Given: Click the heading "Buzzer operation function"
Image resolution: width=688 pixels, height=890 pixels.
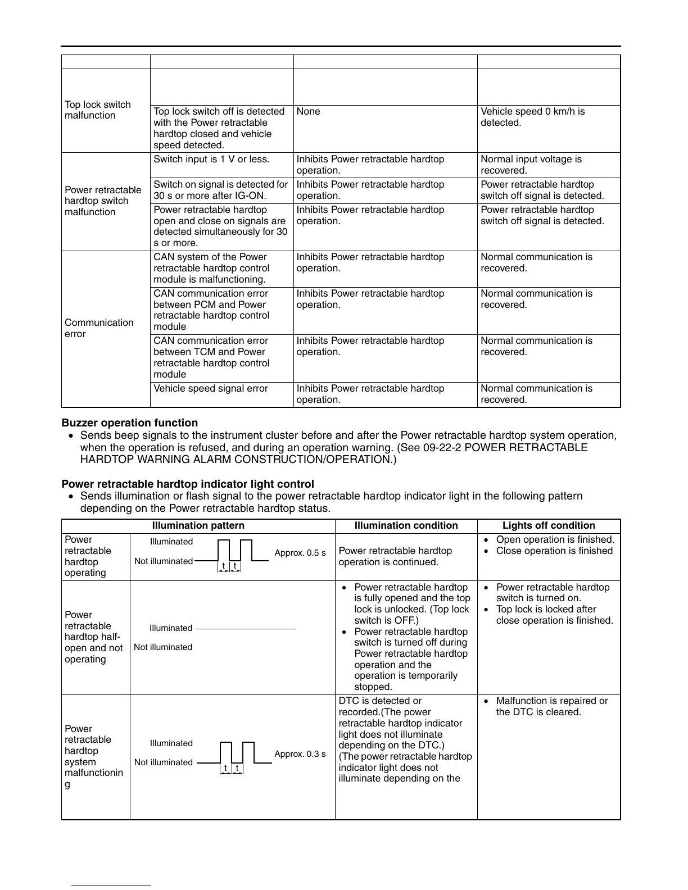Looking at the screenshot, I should (x=129, y=423).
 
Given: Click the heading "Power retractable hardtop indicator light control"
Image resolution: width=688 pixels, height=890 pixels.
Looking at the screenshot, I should (x=187, y=484).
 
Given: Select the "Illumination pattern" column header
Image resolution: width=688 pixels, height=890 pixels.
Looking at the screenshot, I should (x=198, y=526).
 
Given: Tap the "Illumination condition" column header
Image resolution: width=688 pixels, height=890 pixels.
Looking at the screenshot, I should (x=406, y=526).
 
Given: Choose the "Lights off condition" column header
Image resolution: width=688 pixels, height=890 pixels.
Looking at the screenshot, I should (x=549, y=526).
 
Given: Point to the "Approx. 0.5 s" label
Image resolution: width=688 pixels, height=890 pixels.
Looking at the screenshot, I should (x=300, y=553).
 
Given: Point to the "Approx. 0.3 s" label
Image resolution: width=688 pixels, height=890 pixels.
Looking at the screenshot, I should (x=300, y=754).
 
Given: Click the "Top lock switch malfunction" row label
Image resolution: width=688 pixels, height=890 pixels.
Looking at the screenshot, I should (x=97, y=110).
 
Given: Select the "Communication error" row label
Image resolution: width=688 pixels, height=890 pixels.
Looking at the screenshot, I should (x=99, y=328).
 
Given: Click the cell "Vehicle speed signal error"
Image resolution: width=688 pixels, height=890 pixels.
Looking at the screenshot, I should (x=211, y=389).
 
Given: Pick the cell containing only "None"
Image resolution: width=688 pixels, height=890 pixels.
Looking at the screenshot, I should (x=308, y=112).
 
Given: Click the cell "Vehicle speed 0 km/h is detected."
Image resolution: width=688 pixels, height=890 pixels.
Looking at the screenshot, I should (x=532, y=117).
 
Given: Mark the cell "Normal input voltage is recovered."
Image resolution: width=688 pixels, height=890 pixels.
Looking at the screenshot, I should (x=531, y=165).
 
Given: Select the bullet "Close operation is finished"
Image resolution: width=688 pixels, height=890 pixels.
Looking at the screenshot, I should (x=554, y=551).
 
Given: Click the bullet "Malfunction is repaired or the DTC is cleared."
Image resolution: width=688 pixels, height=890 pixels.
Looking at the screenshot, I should (x=551, y=706).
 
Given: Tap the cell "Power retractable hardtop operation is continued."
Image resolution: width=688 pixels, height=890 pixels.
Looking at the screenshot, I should (x=395, y=556).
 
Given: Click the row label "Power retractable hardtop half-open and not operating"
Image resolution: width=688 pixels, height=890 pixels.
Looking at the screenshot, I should (x=93, y=637).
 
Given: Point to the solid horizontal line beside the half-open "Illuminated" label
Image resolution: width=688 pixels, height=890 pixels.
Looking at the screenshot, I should (x=246, y=629).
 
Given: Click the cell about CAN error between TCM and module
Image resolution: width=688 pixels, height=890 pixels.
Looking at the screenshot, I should (x=211, y=357).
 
